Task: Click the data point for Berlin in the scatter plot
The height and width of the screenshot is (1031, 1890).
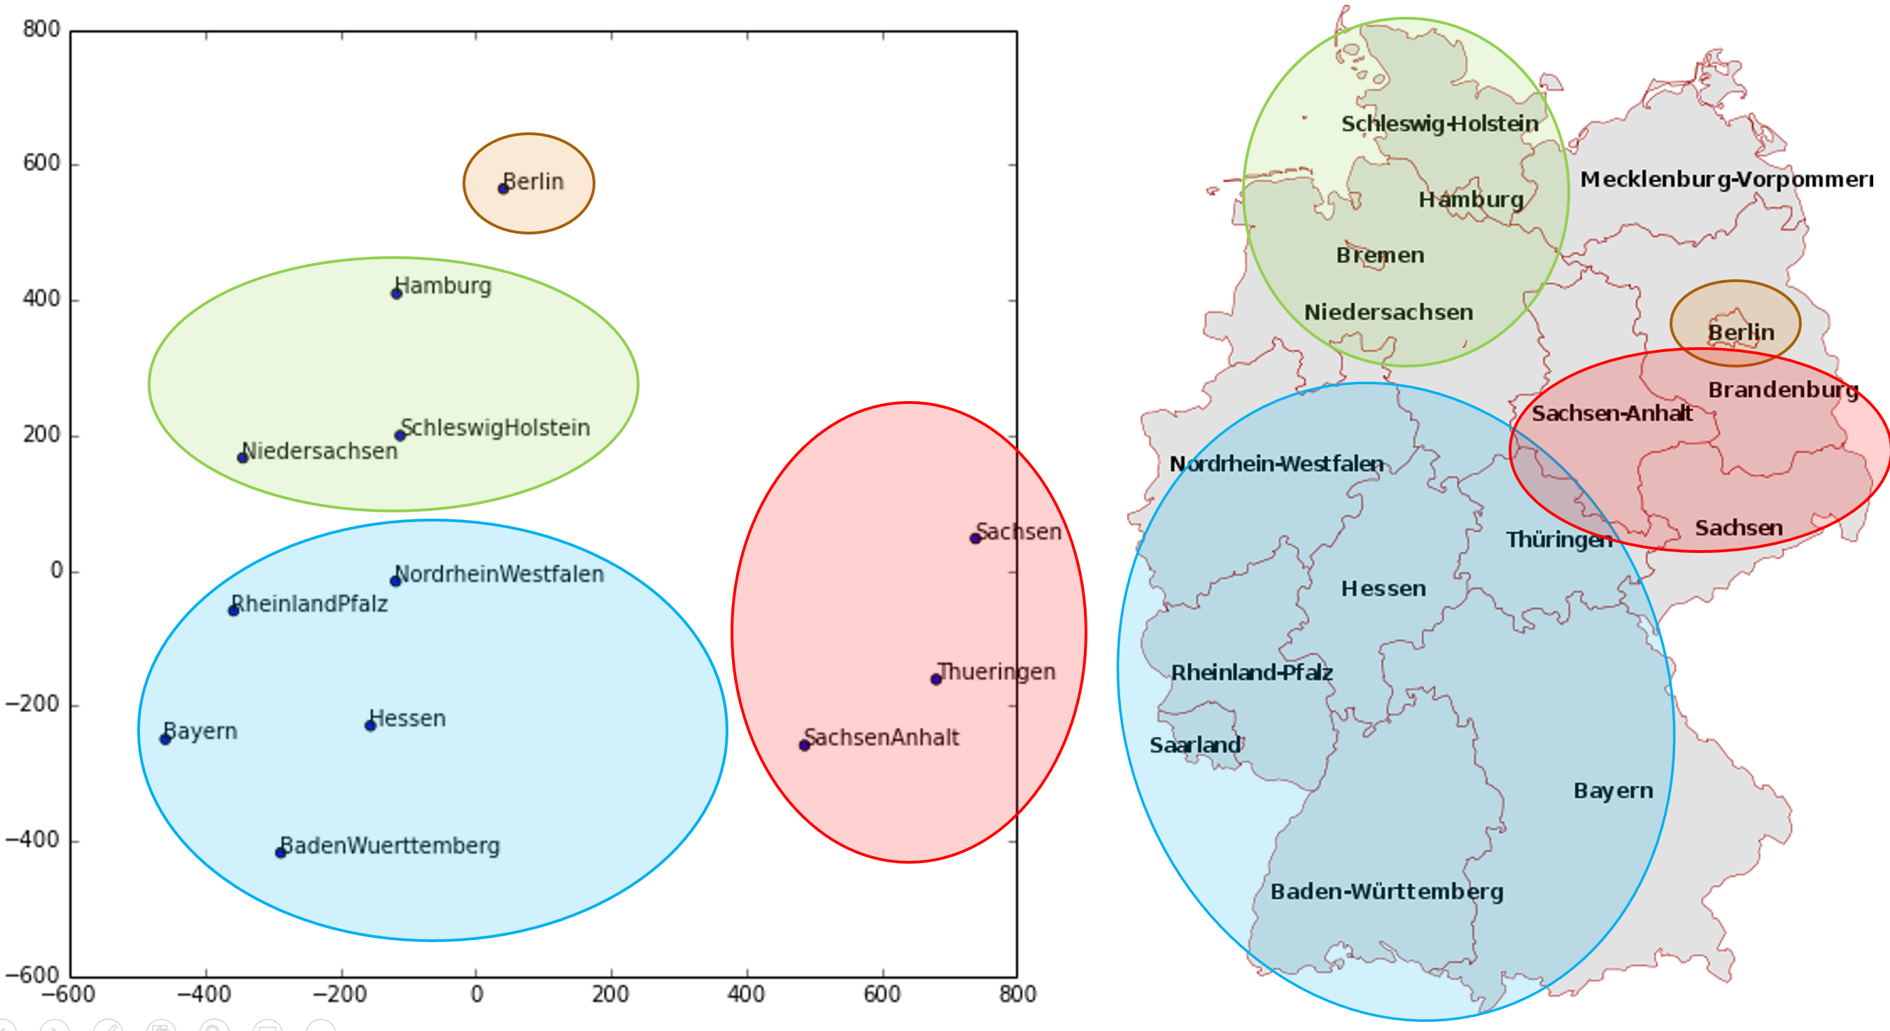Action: coord(503,188)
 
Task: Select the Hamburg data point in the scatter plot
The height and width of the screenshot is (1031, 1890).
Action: coord(396,293)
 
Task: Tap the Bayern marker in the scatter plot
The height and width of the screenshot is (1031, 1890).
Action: coord(165,739)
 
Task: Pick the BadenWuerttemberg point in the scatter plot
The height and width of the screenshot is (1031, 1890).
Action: coord(281,853)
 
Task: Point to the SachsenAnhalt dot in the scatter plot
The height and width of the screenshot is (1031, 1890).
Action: coord(804,745)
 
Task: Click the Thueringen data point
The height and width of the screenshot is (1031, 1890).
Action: coord(936,680)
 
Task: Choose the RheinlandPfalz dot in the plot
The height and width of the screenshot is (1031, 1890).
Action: coord(233,610)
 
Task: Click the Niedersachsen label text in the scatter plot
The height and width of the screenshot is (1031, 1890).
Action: coord(320,451)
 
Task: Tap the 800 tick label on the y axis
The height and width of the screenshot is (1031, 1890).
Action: coord(41,29)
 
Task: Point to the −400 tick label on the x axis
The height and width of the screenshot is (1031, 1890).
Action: coord(205,995)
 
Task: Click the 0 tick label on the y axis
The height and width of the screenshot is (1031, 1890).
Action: coord(56,570)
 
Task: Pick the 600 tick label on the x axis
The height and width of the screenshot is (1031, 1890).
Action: coord(881,995)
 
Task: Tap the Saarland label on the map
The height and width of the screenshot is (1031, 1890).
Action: coord(1195,745)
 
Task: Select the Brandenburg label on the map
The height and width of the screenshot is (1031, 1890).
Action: coord(1783,390)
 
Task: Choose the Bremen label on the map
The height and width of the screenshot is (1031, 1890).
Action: coord(1380,255)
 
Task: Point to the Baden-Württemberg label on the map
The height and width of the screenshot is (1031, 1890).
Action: coord(1387,892)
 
